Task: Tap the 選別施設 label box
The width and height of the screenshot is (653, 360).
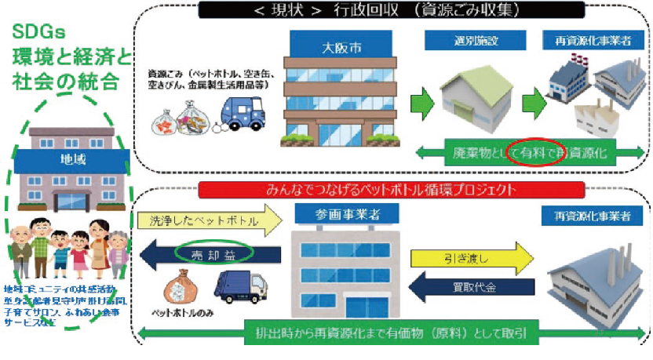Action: (x=462, y=39)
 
